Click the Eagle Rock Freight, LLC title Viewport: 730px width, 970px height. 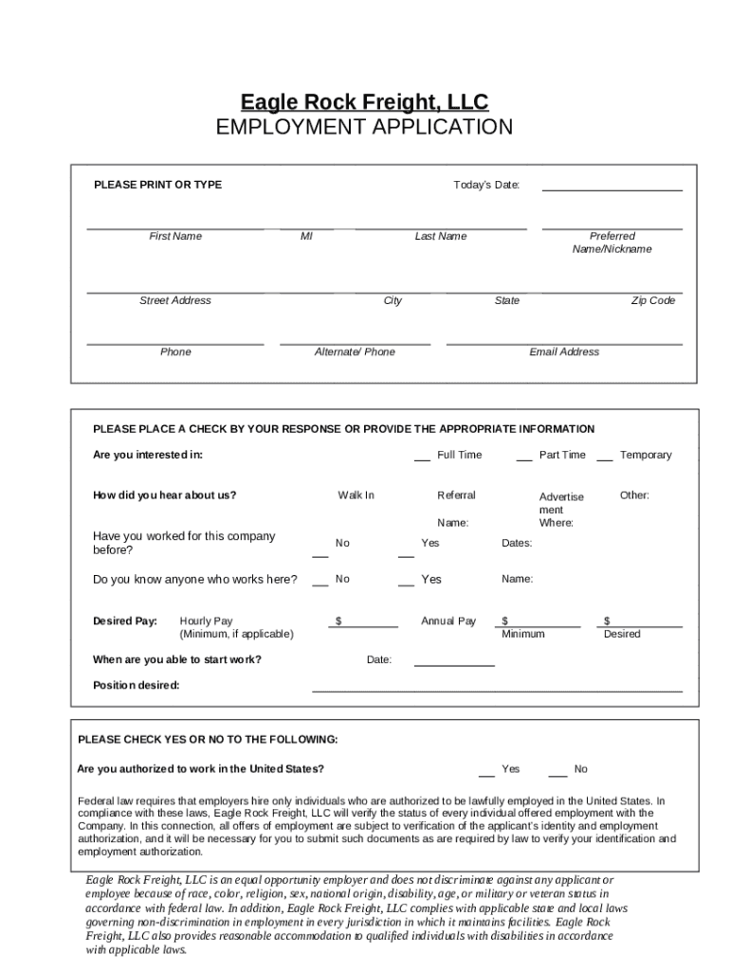(x=364, y=101)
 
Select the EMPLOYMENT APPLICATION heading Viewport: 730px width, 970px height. (x=364, y=127)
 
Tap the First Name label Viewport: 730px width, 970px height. (x=175, y=237)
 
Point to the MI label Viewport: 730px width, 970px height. (x=306, y=237)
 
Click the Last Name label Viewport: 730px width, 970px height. (x=440, y=237)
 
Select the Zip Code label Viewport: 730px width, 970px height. (x=653, y=301)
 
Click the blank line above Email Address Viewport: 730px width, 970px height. (x=564, y=341)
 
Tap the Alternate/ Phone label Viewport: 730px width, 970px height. (x=355, y=352)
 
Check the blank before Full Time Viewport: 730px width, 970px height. (x=422, y=458)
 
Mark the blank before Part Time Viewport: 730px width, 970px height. (x=523, y=458)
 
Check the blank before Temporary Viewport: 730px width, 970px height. (x=604, y=458)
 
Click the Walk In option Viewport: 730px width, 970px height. (x=356, y=495)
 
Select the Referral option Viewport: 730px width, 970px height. (x=456, y=495)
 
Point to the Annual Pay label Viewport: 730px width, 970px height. (x=448, y=621)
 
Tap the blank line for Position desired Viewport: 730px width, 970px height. (x=497, y=689)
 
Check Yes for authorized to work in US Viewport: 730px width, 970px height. (x=486, y=772)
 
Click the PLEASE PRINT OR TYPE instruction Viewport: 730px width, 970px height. (x=157, y=185)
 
